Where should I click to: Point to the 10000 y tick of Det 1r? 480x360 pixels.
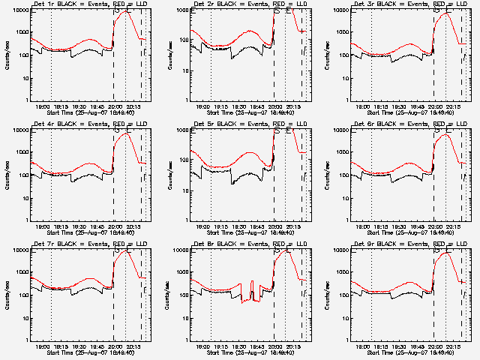tap(19, 10)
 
